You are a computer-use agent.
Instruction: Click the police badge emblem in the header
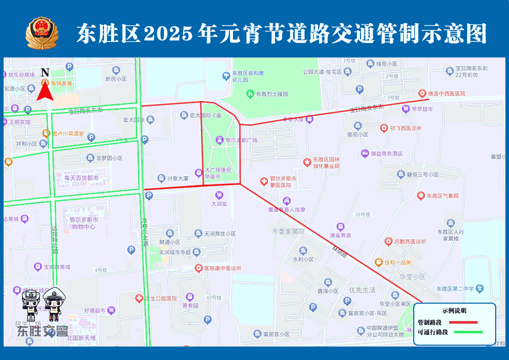tap(42, 33)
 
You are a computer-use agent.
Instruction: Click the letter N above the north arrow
tap(45, 72)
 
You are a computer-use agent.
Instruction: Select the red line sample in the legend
tap(463, 323)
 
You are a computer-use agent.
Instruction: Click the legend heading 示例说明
tap(454, 311)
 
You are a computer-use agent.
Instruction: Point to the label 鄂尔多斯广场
tap(242, 140)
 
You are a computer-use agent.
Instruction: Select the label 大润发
tap(219, 203)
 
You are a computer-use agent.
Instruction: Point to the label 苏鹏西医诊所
tap(410, 241)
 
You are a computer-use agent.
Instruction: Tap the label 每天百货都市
tap(81, 178)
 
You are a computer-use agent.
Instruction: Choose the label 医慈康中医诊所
tap(222, 268)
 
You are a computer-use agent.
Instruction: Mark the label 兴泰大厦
tap(178, 179)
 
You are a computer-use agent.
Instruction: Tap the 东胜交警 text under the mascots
tap(42, 331)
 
